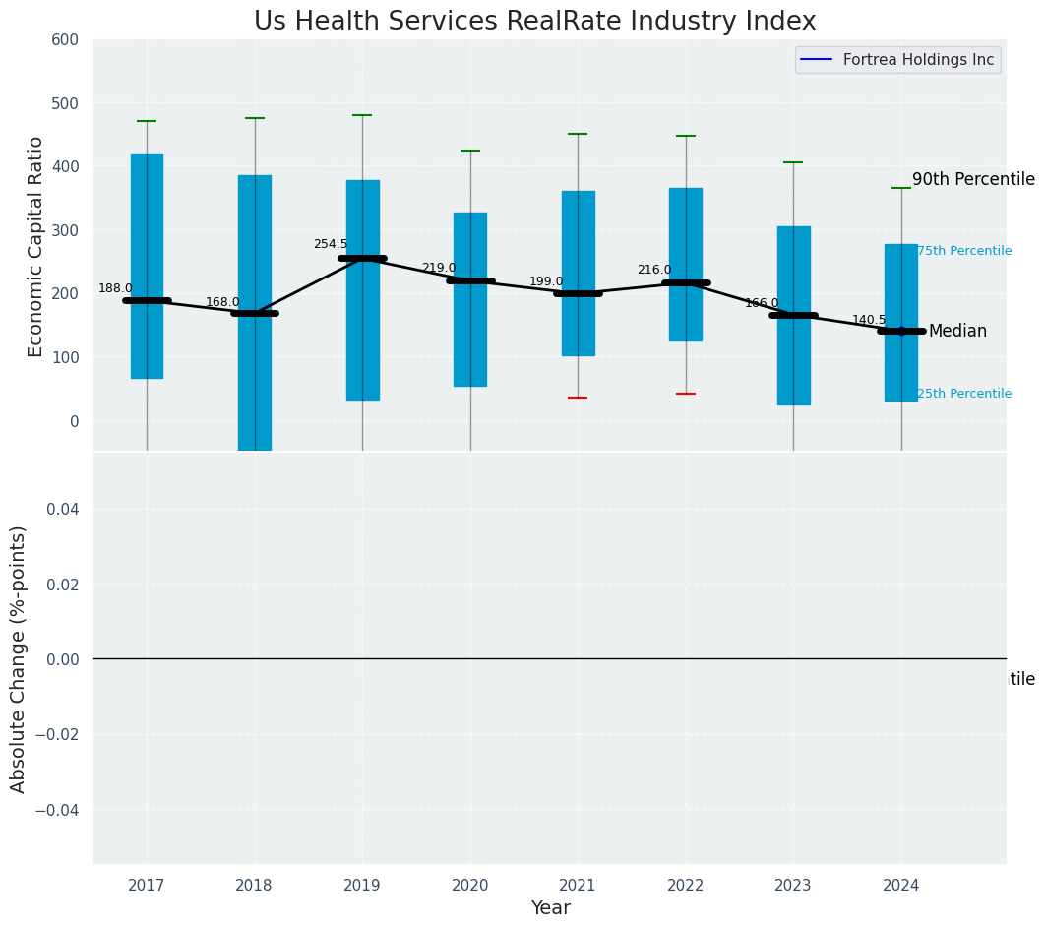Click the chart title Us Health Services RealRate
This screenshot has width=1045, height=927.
(534, 22)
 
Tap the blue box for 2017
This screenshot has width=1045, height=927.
(147, 266)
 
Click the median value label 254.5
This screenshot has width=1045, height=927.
(331, 244)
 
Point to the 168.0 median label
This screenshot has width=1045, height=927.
(222, 302)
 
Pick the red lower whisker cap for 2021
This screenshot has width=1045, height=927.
(578, 398)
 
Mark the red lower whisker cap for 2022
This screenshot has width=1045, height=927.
(686, 394)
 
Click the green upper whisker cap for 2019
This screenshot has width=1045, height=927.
(362, 115)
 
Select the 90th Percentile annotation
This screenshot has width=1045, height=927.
(973, 179)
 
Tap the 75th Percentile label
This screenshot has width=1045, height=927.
(964, 251)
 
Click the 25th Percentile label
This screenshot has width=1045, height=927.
(964, 394)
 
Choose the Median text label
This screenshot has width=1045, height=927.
(957, 332)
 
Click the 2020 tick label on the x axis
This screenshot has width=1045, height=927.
(469, 886)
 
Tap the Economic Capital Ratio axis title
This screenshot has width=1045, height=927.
(36, 246)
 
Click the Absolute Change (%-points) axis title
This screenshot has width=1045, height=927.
(19, 658)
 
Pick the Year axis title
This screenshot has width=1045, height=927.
(550, 908)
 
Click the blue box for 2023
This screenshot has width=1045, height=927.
(793, 315)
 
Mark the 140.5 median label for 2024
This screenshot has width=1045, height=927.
(869, 320)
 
